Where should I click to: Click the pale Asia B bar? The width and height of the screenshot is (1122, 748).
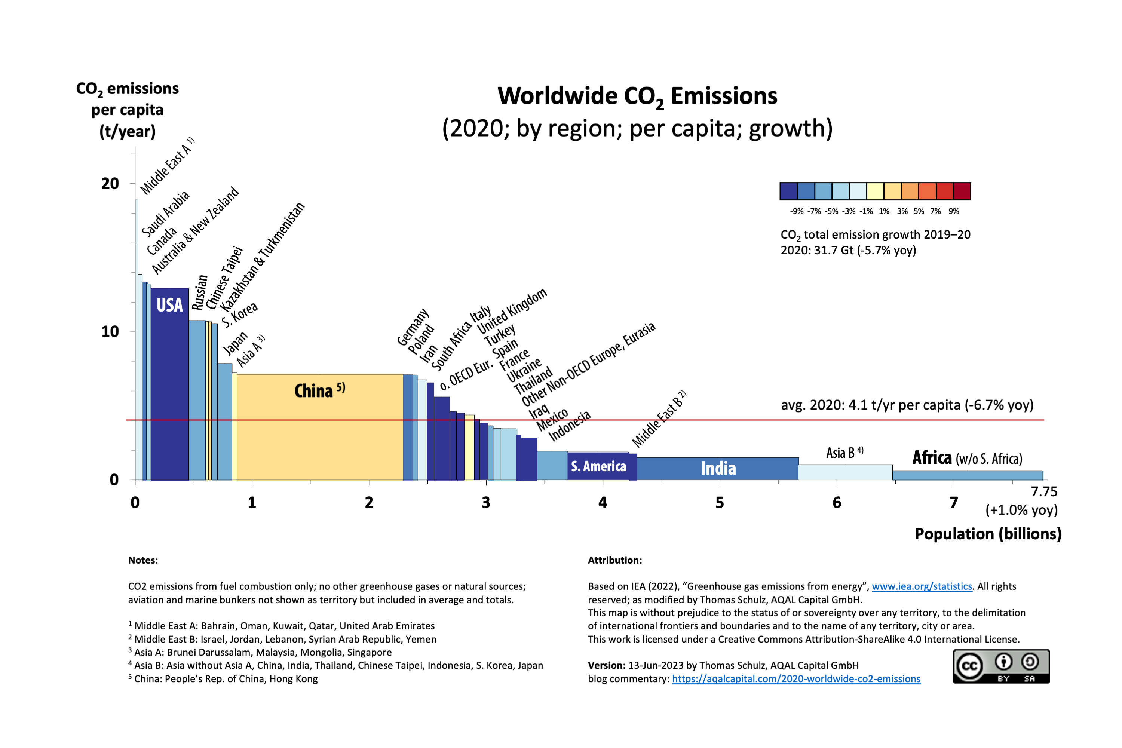pyautogui.click(x=845, y=472)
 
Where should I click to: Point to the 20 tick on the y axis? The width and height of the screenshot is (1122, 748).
pyautogui.click(x=110, y=184)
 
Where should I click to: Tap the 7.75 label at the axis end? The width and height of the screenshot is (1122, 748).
pyautogui.click(x=1044, y=491)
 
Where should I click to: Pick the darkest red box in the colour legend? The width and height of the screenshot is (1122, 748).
pyautogui.click(x=962, y=191)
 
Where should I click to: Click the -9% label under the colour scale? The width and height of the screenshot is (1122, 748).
pyautogui.click(x=796, y=211)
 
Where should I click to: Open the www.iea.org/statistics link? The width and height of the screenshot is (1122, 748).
pyautogui.click(x=922, y=586)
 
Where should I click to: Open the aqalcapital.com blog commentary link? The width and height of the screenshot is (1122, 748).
pyautogui.click(x=796, y=679)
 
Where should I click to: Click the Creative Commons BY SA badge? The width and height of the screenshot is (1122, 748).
pyautogui.click(x=1001, y=666)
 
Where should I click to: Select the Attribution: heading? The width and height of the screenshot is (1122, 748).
pyautogui.click(x=614, y=560)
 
